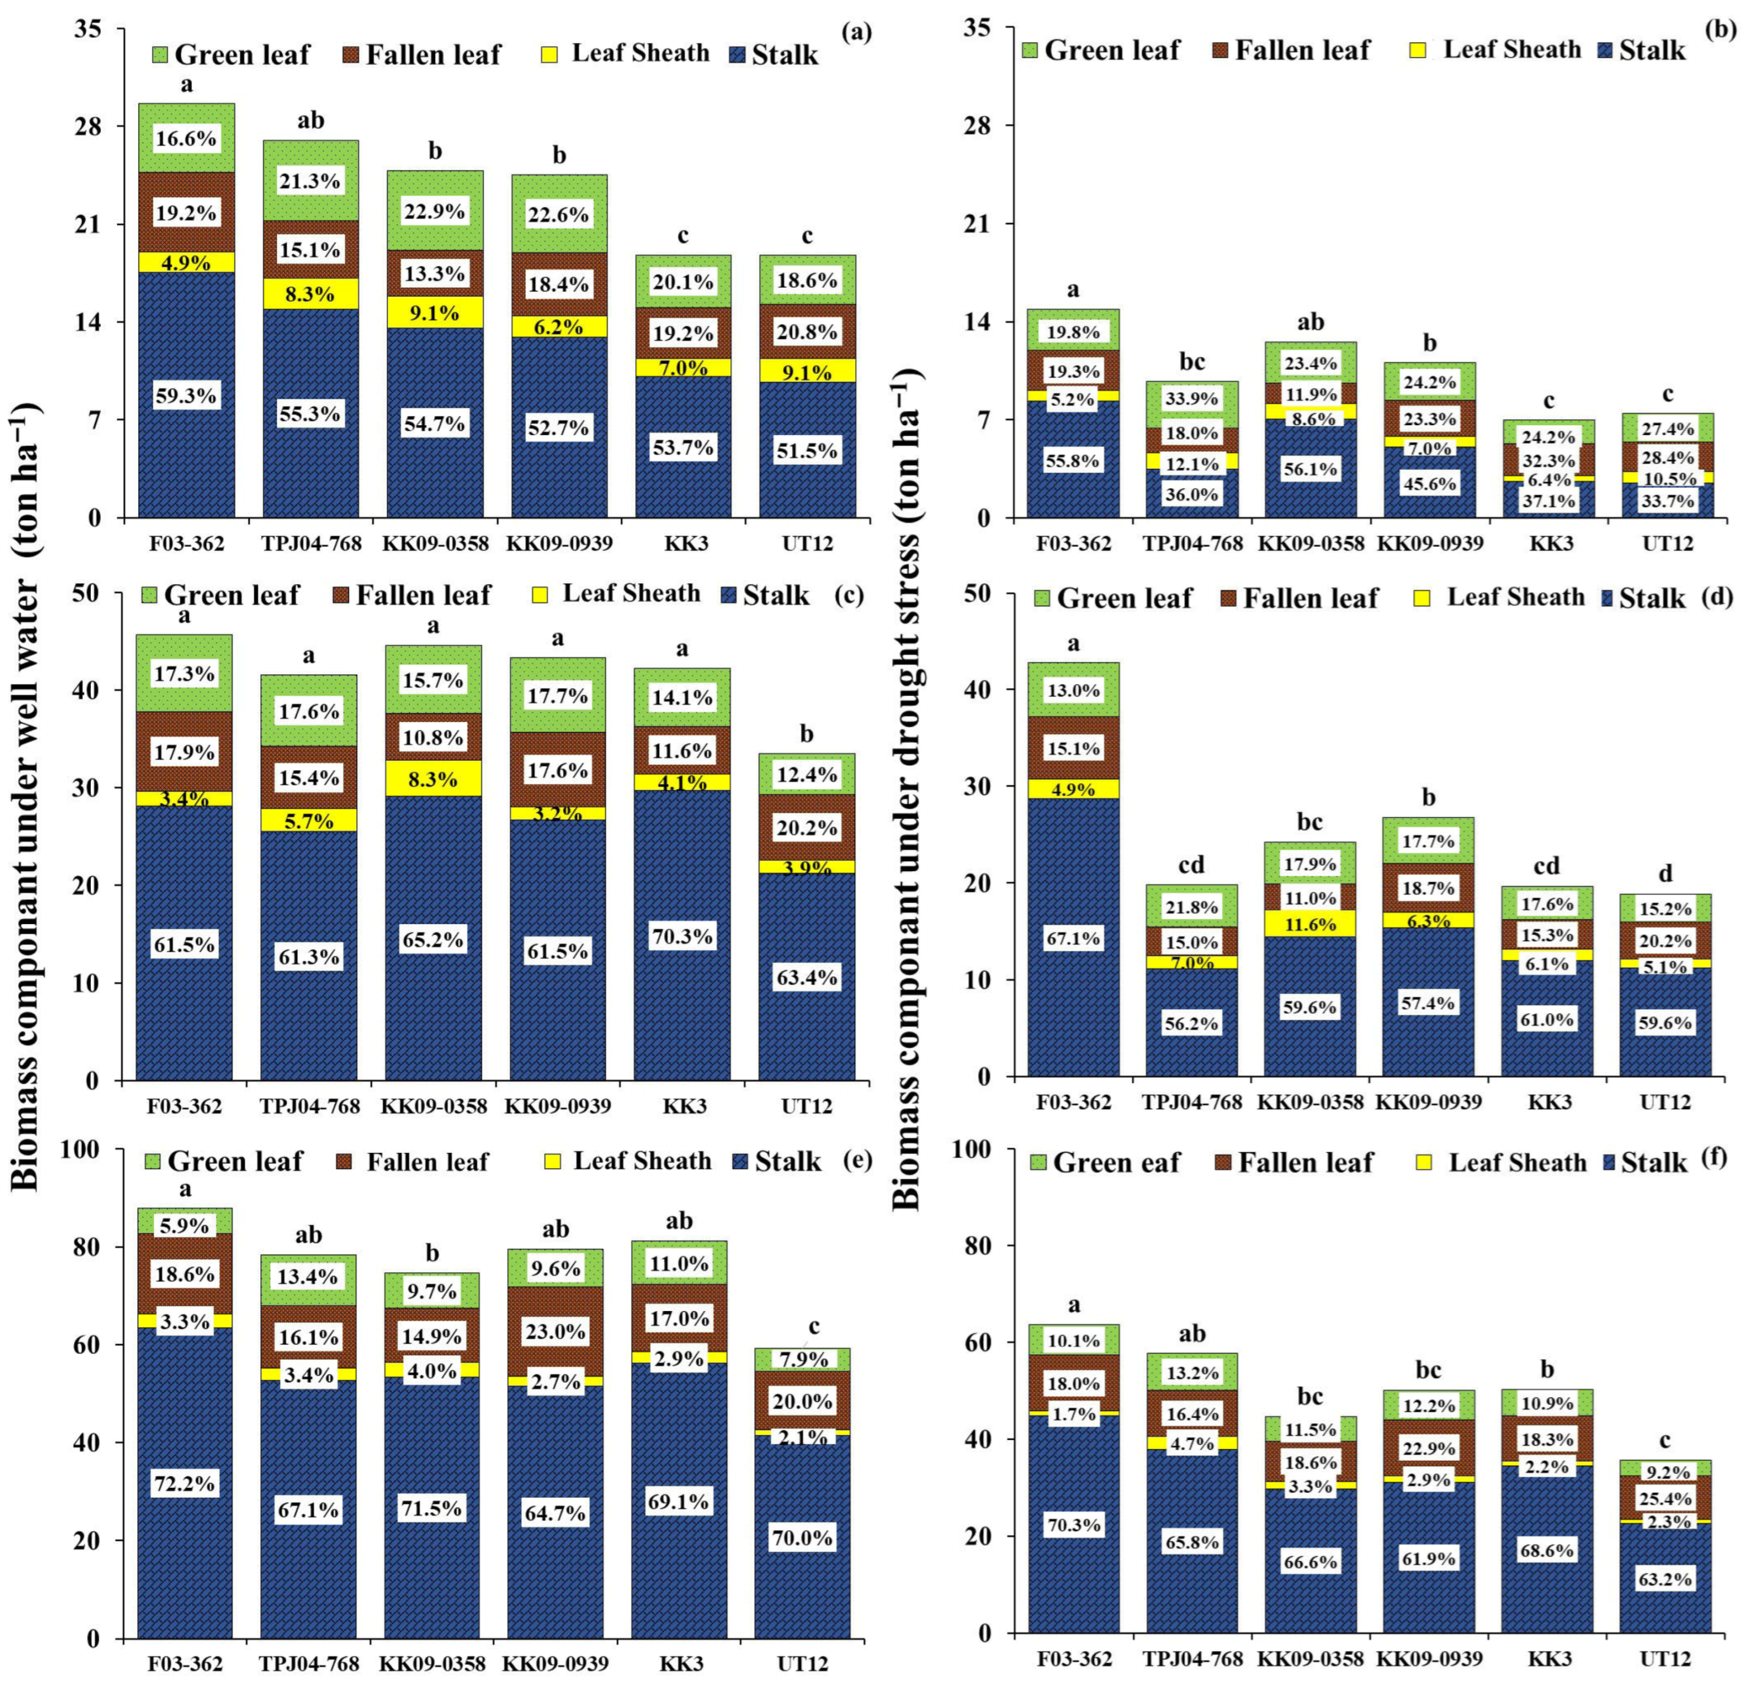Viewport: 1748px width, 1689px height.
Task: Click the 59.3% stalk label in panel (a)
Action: pos(186,396)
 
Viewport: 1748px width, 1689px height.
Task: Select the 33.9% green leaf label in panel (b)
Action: pos(1191,399)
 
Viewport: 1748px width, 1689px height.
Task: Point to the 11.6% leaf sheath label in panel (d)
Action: pos(1310,925)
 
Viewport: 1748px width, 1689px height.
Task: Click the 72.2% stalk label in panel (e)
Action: pos(185,1483)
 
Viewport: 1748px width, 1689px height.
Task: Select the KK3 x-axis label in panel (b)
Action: pos(1550,543)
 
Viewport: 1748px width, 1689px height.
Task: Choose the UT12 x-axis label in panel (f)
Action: pos(1665,1659)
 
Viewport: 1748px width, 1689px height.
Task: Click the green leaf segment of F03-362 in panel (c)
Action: pos(185,673)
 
